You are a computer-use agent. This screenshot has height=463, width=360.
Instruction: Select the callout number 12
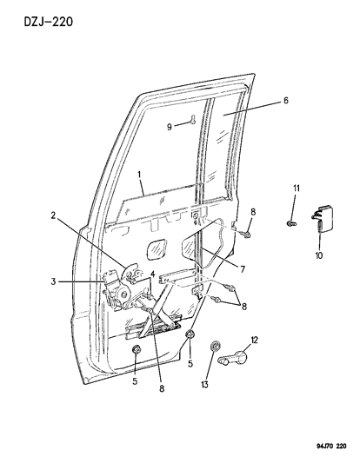pyautogui.click(x=254, y=338)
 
